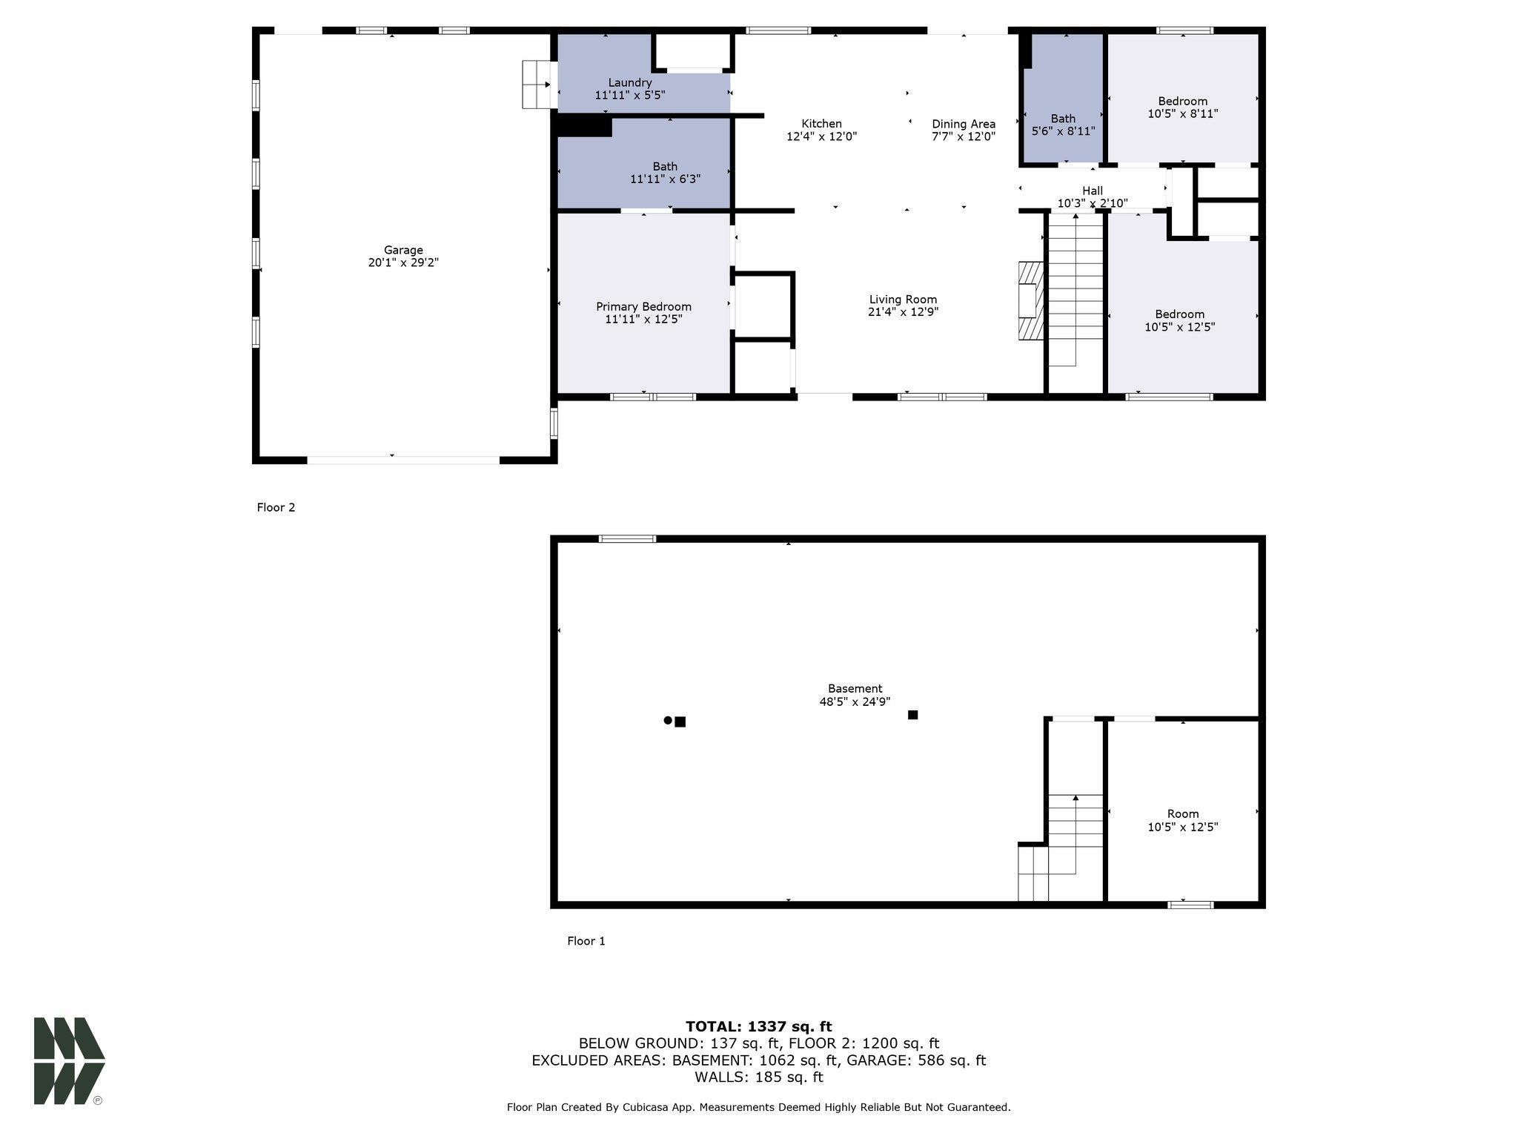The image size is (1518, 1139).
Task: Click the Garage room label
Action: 403,251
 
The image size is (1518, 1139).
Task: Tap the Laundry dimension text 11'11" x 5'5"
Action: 630,96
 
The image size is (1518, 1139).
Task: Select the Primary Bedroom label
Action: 643,306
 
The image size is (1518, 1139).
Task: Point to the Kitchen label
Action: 821,124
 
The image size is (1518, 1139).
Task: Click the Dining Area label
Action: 964,124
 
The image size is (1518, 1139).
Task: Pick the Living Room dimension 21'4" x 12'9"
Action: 903,312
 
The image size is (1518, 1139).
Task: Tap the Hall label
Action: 1092,191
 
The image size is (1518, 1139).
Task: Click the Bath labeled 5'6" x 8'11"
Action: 1063,119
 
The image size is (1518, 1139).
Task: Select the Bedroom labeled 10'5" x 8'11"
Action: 1182,102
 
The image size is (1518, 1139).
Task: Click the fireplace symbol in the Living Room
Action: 1030,300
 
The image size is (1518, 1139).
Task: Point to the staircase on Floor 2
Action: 1075,289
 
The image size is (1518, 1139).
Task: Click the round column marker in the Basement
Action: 668,720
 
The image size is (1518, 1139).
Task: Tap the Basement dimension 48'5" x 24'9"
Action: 855,701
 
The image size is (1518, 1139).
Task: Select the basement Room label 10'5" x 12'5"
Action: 1182,813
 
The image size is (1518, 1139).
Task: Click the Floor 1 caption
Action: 586,941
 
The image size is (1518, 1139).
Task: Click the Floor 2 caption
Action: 276,507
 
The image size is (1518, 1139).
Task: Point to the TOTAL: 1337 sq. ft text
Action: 758,1026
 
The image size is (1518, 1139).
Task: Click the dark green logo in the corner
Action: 68,1060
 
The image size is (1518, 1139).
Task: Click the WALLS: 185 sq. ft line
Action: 758,1077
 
